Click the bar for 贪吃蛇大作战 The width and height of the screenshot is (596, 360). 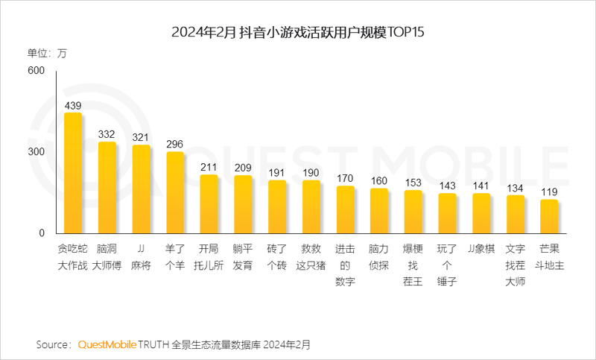pos(73,174)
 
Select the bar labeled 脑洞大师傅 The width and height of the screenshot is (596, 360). pos(107,188)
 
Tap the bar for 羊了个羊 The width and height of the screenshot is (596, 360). pos(175,193)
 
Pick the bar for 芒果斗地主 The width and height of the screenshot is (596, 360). pos(549,217)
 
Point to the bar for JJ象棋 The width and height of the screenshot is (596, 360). pos(481,214)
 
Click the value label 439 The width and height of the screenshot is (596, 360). pos(73,106)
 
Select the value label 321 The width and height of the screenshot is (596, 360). pos(141,138)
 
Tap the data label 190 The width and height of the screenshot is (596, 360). pos(311,173)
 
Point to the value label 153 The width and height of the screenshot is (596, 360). pos(413,183)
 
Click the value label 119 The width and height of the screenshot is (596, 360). pos(549,192)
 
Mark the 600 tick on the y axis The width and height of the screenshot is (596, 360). pos(37,71)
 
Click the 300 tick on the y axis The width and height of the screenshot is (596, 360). pos(37,152)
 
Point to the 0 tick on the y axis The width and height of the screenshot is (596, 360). pos(42,233)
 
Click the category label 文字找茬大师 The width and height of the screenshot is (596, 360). pos(515,265)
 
